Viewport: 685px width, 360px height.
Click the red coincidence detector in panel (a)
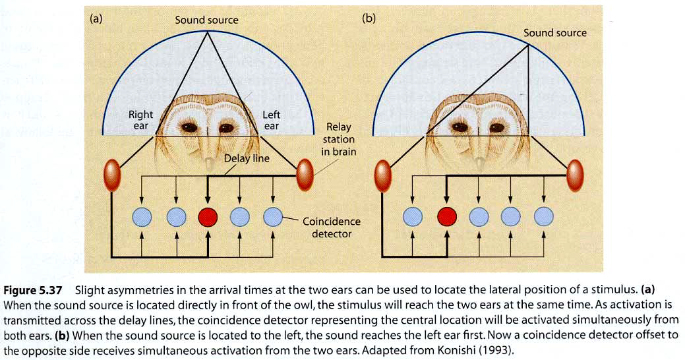208,216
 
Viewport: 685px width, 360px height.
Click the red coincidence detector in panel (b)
447,216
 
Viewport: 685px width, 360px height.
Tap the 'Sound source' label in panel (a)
206,20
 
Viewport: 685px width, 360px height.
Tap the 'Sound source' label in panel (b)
554,32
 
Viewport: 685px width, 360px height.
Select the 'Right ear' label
140,120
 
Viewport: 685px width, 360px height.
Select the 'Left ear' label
271,120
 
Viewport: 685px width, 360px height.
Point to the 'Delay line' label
246,159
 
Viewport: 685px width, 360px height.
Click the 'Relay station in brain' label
340,139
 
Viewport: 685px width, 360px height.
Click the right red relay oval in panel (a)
305,173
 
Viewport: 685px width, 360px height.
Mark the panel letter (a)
96,18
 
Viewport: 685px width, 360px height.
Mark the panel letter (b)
369,18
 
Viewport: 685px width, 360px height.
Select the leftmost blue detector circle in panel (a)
142,216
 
